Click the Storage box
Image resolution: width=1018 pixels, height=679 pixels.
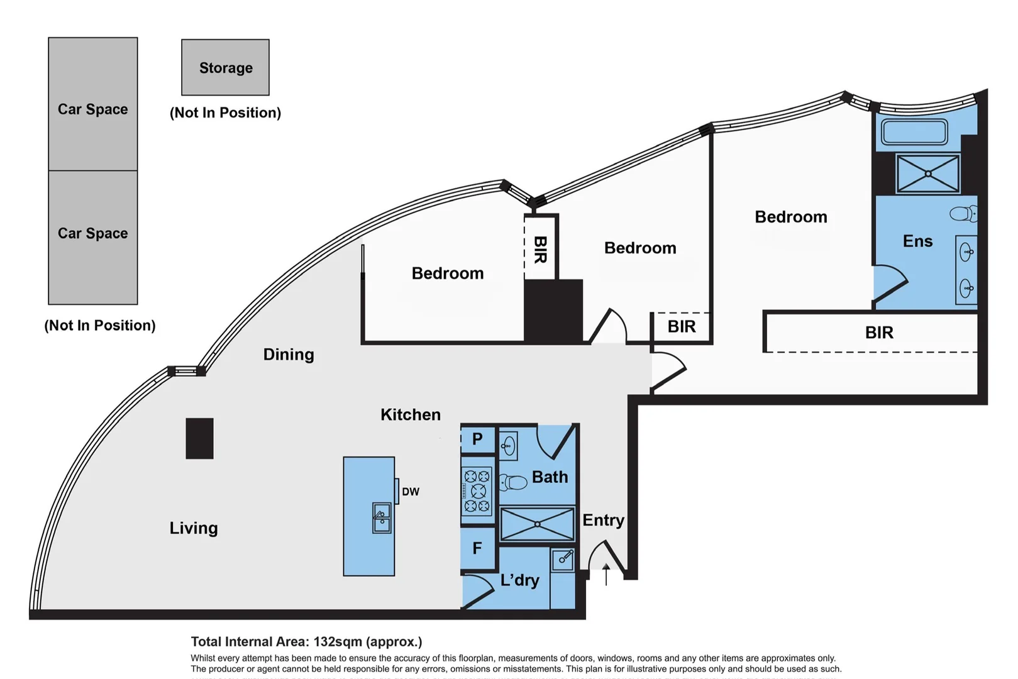pyautogui.click(x=225, y=67)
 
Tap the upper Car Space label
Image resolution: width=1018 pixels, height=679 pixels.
pyautogui.click(x=92, y=109)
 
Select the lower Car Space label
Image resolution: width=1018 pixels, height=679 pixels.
pyautogui.click(x=92, y=233)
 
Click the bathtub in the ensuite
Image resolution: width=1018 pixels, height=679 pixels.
pyautogui.click(x=914, y=133)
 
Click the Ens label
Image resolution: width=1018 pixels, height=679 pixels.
pyautogui.click(x=917, y=241)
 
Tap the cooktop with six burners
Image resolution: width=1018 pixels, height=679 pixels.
pyautogui.click(x=477, y=491)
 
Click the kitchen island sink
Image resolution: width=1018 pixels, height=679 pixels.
pyautogui.click(x=382, y=518)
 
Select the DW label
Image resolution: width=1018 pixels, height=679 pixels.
pyautogui.click(x=411, y=492)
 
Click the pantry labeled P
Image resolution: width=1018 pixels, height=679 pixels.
pyautogui.click(x=477, y=439)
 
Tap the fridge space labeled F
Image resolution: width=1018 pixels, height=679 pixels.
pyautogui.click(x=477, y=549)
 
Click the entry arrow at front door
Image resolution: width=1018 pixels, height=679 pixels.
pyautogui.click(x=606, y=573)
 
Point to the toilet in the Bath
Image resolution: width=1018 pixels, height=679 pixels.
pyautogui.click(x=514, y=483)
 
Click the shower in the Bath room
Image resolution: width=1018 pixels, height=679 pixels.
pyautogui.click(x=537, y=524)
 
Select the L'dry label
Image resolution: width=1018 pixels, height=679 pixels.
pyautogui.click(x=519, y=580)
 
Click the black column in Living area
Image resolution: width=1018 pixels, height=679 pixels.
pyautogui.click(x=199, y=438)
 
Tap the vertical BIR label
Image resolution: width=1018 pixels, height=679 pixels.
pyautogui.click(x=539, y=250)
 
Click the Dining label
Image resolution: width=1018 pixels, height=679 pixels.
pyautogui.click(x=289, y=355)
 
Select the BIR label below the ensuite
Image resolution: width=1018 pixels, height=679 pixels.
pyautogui.click(x=878, y=333)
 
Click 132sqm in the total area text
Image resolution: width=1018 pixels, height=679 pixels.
pyautogui.click(x=338, y=642)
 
